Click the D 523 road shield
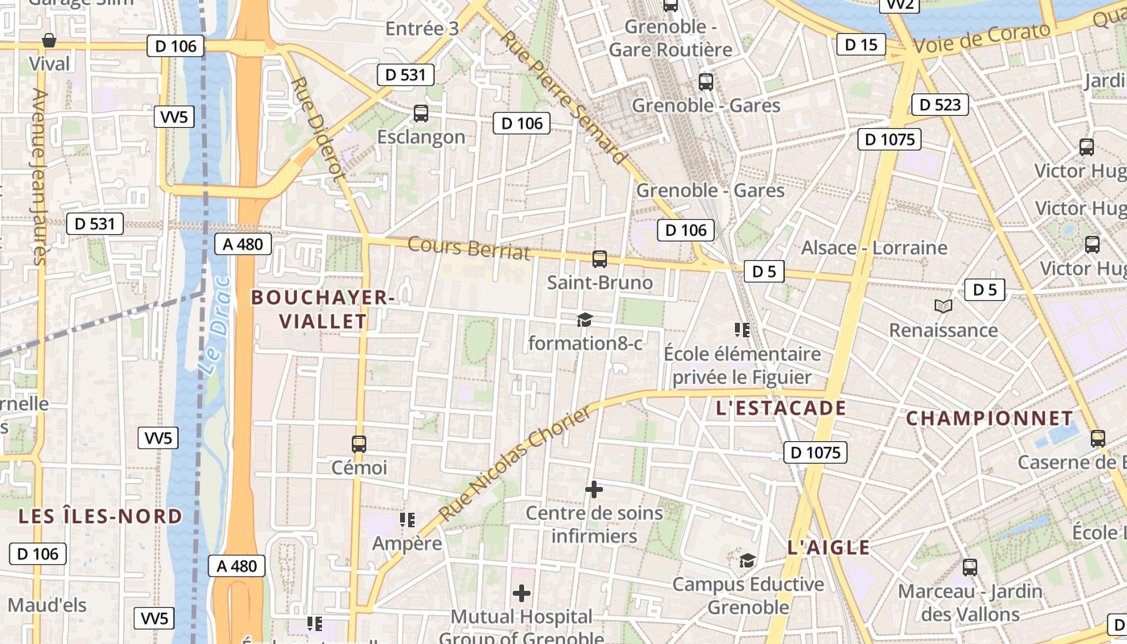click(940, 104)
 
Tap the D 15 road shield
click(861, 44)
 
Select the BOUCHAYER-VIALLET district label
click(322, 309)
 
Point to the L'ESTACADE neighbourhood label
click(781, 408)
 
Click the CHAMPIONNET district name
click(989, 419)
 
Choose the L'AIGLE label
click(828, 548)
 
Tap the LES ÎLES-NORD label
click(101, 516)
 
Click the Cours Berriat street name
click(469, 249)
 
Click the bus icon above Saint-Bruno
click(600, 259)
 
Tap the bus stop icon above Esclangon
click(420, 114)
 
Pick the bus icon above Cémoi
click(359, 444)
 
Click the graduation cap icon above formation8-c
click(584, 320)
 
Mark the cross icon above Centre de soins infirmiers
click(594, 489)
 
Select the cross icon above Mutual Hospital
click(522, 593)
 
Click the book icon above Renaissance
click(943, 306)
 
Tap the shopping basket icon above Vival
click(49, 39)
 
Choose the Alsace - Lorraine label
click(874, 247)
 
